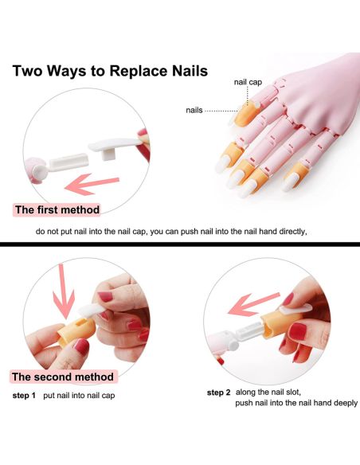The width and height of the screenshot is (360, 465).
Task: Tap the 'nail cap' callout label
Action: pyautogui.click(x=248, y=82)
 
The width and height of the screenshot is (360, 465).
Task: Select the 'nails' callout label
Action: pyautogui.click(x=194, y=110)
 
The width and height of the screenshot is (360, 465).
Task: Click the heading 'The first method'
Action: pyautogui.click(x=57, y=209)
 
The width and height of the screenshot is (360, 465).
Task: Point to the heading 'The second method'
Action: pyautogui.click(x=63, y=377)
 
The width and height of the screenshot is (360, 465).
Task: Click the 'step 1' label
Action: pyautogui.click(x=24, y=395)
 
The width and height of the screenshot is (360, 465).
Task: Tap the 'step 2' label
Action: pyautogui.click(x=218, y=393)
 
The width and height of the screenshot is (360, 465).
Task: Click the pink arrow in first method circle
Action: pyautogui.click(x=92, y=185)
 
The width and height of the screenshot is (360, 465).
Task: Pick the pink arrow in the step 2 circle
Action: pyautogui.click(x=253, y=304)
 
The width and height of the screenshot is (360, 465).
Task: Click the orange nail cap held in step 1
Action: pyautogui.click(x=76, y=331)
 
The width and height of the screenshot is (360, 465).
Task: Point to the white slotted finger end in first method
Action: pyautogui.click(x=68, y=162)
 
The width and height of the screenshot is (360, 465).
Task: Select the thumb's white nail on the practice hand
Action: pyautogui.click(x=290, y=182)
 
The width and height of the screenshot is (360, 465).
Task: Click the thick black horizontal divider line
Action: pyautogui.click(x=180, y=244)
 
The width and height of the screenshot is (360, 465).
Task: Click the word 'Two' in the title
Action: pyautogui.click(x=28, y=71)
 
